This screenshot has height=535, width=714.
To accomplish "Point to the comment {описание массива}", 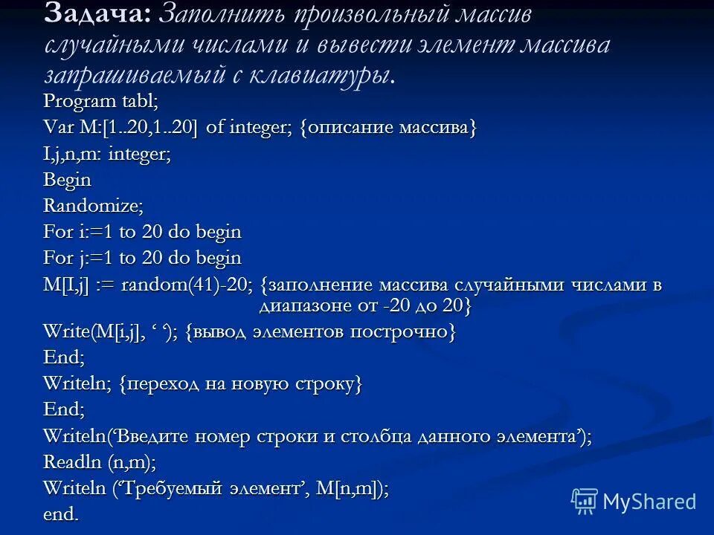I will [387, 128].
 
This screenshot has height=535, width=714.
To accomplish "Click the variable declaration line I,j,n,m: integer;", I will [107, 154].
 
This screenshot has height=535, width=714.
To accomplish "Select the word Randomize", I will [93, 206].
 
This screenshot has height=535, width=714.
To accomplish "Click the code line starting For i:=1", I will [142, 232].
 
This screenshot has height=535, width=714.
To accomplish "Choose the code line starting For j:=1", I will [142, 258].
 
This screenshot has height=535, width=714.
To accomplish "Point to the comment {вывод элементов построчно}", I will [321, 332].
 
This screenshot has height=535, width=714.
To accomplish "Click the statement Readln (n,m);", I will [100, 461].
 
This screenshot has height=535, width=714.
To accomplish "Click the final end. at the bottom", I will [61, 513].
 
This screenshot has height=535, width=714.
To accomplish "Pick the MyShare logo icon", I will [583, 502].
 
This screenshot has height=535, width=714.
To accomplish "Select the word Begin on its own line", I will [67, 180].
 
